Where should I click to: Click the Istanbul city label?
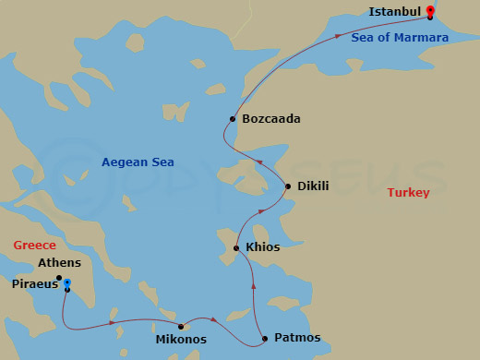click(394, 12)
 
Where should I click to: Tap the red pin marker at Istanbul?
click(430, 12)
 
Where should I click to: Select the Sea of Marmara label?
click(400, 38)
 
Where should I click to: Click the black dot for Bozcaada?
click(233, 119)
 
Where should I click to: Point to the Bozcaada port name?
click(270, 119)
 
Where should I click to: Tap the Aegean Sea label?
click(138, 163)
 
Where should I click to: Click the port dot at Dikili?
click(288, 186)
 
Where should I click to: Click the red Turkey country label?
click(408, 193)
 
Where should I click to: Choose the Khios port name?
click(263, 247)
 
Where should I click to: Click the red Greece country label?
click(35, 246)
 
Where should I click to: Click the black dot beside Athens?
click(59, 278)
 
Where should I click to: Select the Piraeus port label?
click(32, 284)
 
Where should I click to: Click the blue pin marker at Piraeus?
click(67, 283)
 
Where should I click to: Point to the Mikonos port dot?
click(181, 327)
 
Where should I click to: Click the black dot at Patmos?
click(265, 338)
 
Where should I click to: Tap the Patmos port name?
click(297, 338)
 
